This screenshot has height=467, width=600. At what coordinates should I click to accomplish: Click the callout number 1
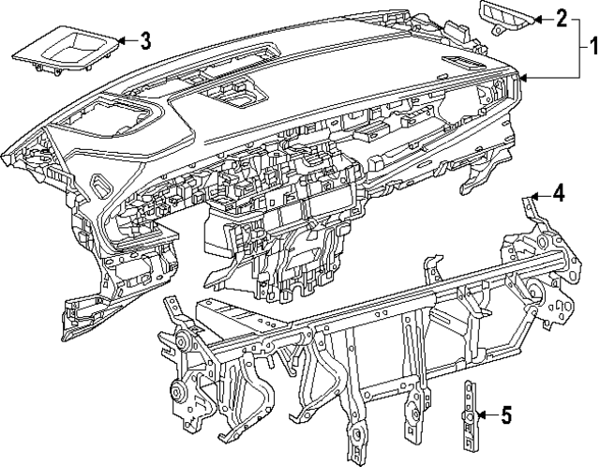pyautogui.click(x=592, y=44)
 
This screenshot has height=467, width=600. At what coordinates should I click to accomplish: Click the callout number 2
pyautogui.click(x=562, y=17)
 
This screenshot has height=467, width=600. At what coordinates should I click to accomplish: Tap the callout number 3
pyautogui.click(x=144, y=40)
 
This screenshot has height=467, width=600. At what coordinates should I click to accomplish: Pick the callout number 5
pyautogui.click(x=505, y=414)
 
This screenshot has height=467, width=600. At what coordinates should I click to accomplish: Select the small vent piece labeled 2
pyautogui.click(x=504, y=15)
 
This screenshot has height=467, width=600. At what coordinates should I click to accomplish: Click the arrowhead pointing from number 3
pyautogui.click(x=120, y=40)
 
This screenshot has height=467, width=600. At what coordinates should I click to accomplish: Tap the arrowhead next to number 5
pyautogui.click(x=479, y=414)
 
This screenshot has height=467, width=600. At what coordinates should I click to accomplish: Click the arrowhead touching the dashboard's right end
pyautogui.click(x=522, y=79)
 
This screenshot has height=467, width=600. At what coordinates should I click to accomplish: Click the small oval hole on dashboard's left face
pyautogui.click(x=98, y=184)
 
